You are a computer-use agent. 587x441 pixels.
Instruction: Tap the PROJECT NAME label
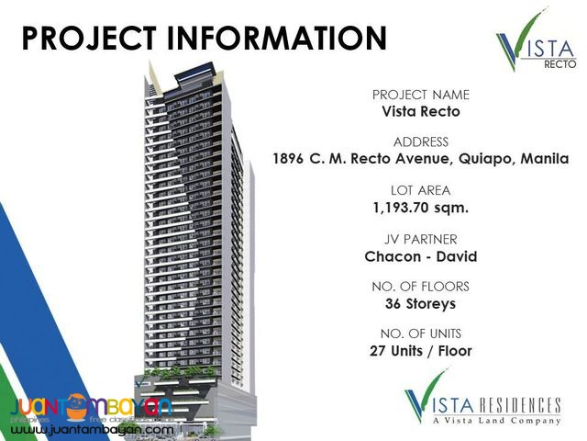[421, 95]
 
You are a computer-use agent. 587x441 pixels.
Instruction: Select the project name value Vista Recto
[421, 111]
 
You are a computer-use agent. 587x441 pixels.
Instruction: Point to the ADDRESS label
[421, 142]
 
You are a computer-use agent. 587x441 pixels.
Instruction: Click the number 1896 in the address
[293, 159]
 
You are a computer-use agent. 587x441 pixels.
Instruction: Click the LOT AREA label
[421, 190]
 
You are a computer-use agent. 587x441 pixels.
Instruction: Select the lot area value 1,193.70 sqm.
[421, 207]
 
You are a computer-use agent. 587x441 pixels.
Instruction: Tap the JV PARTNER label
[421, 238]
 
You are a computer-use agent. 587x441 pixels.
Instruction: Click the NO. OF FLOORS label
[421, 286]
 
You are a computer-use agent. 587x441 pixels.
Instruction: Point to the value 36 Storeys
[421, 302]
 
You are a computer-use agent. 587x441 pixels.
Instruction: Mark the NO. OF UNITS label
[421, 334]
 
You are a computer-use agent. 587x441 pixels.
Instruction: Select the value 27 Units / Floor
[421, 350]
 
